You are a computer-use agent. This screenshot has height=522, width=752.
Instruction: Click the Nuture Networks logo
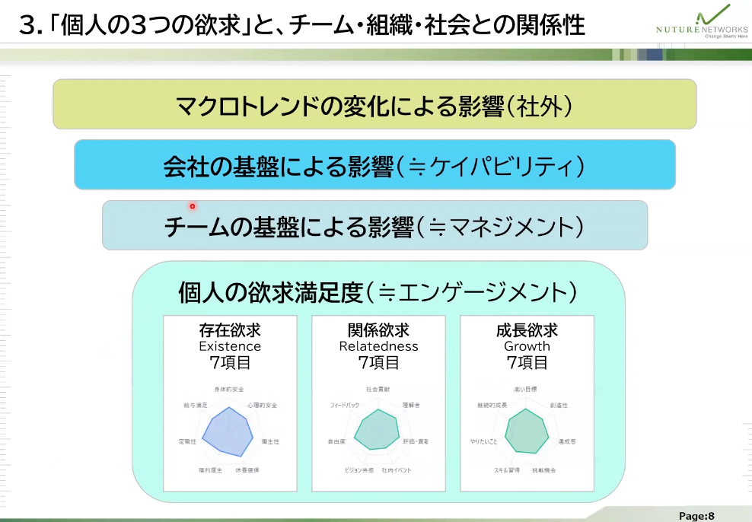point(700,22)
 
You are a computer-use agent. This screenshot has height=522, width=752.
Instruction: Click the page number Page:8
point(696,515)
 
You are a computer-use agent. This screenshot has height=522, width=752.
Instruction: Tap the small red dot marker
point(193,205)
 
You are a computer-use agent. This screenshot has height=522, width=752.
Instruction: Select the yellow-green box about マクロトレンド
point(374,104)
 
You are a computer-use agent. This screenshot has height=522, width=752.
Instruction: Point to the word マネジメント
point(508,226)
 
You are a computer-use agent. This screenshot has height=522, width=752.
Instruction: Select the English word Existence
point(230,346)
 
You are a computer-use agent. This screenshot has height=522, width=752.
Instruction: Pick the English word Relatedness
point(378,346)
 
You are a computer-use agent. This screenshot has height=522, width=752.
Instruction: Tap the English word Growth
point(527,346)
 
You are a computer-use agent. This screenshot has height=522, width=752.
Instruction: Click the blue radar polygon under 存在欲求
point(225,437)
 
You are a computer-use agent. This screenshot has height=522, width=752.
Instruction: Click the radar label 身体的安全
point(229,390)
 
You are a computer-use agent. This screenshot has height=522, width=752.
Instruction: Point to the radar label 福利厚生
point(210,471)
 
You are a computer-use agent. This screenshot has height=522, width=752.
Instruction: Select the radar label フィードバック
point(345,405)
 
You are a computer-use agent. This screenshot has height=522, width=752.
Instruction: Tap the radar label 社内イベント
point(397,470)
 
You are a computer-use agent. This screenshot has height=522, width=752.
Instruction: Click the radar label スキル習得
point(507,470)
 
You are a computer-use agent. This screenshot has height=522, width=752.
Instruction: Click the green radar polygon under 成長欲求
point(523,432)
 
